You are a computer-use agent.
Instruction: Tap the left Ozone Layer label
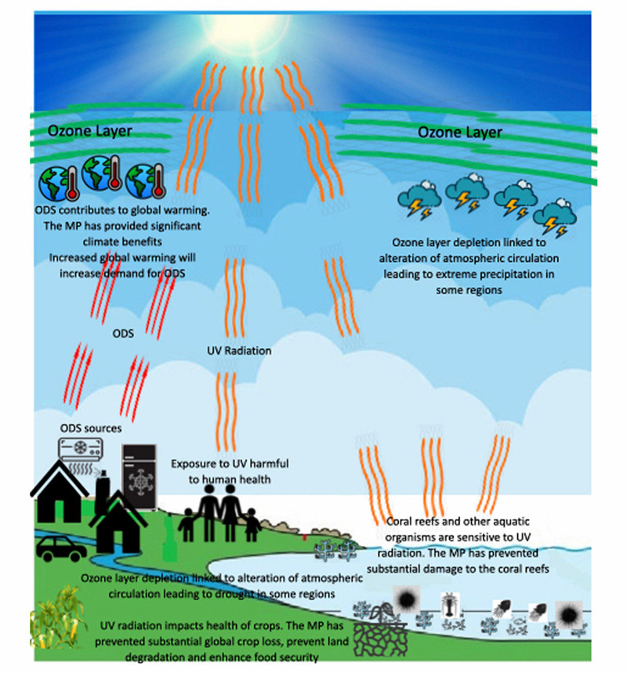point(90,131)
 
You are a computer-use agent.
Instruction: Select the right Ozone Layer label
point(460,132)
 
